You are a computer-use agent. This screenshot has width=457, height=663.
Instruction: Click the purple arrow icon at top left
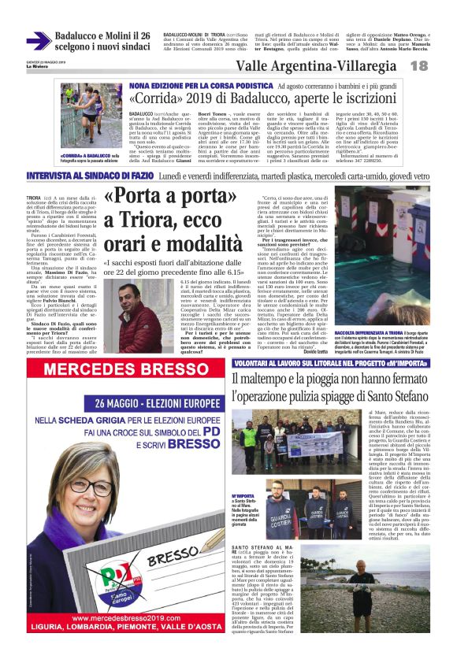pos(38,41)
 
